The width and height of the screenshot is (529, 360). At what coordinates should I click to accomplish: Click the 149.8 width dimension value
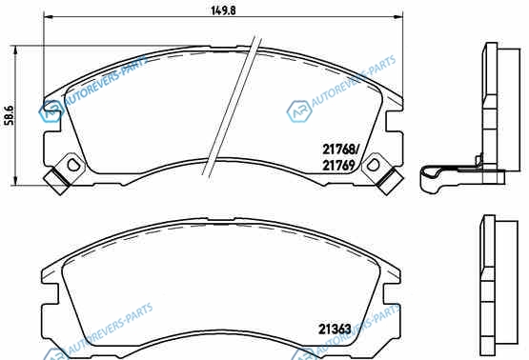point(223,10)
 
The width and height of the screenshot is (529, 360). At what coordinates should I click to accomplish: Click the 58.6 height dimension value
point(10,115)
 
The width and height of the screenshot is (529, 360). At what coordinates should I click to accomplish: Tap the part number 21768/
point(339,149)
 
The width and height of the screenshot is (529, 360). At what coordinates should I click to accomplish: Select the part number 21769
point(338,165)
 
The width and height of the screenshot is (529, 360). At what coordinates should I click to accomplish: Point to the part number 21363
point(335,329)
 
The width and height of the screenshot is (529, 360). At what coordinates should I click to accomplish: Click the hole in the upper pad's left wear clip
point(72,165)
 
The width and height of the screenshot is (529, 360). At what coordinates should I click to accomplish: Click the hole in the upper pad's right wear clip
point(373,165)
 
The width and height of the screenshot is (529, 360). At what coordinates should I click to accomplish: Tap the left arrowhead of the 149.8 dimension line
point(49,16)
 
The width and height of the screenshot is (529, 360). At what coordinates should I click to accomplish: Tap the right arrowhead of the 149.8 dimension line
point(398,16)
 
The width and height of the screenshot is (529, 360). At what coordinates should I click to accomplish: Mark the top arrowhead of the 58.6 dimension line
point(15,50)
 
